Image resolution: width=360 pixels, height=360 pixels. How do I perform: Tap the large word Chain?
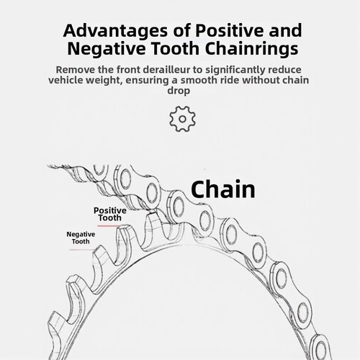click(x=223, y=189)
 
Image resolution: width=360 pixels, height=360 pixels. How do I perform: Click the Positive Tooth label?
click(x=110, y=214)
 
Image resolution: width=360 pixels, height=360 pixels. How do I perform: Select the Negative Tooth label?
click(x=81, y=238)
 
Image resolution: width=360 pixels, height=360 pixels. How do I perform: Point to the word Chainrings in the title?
click(x=252, y=49)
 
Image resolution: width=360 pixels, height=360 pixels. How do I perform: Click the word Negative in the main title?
click(x=107, y=48)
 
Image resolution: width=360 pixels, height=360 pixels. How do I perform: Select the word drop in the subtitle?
click(x=179, y=91)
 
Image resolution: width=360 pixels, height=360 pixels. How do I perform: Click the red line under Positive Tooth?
click(x=108, y=226)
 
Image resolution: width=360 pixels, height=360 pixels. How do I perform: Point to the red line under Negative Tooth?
click(x=81, y=250)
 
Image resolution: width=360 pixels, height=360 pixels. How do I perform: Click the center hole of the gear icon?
click(x=182, y=119)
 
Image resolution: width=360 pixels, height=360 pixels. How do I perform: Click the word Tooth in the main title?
click(x=176, y=48)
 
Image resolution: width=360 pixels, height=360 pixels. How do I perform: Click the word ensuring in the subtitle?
click(x=147, y=81)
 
